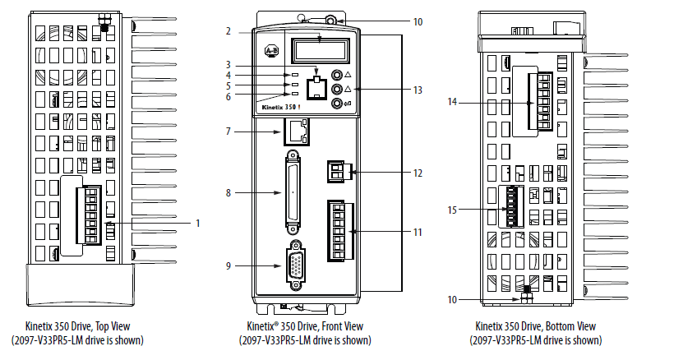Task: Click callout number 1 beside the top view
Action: pyautogui.click(x=197, y=223)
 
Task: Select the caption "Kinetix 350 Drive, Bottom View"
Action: pyautogui.click(x=535, y=326)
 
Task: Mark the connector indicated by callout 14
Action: pyautogui.click(x=543, y=101)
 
